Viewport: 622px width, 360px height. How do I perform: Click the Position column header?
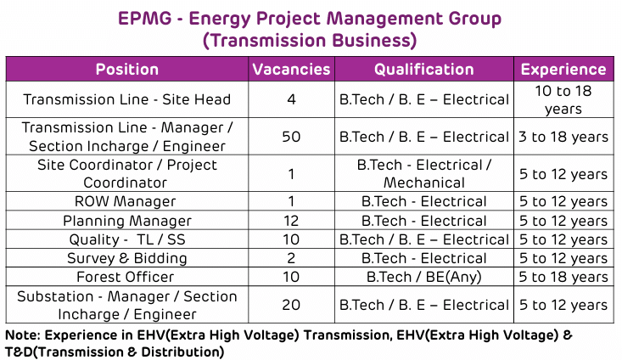coord(127,70)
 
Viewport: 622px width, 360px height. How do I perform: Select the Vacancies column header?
coord(291,70)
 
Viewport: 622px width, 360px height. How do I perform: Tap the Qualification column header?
coord(424,70)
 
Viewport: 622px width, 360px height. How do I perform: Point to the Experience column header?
coord(563,70)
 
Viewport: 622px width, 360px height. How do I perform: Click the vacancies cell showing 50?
coord(291,137)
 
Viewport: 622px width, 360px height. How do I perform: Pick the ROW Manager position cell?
coord(125,201)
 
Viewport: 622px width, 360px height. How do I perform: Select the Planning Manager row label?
coord(127,221)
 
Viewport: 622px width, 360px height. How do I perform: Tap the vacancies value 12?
coord(291,220)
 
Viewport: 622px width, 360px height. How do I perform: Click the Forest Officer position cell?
coord(125,277)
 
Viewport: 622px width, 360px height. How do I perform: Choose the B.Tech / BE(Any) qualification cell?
coord(423,277)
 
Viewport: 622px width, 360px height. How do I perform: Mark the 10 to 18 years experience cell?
coord(563,99)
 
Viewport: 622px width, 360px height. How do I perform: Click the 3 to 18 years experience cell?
coord(563,137)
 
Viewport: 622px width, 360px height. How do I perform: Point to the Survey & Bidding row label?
coord(127,258)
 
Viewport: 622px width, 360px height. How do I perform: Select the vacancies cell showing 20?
coord(291,305)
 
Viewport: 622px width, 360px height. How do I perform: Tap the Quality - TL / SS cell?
coord(127,239)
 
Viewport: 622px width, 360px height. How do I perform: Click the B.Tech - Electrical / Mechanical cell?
coord(424,173)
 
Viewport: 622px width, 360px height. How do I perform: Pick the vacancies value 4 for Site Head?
coord(291,99)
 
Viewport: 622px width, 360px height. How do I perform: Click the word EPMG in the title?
coord(145,19)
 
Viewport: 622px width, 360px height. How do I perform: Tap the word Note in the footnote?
coord(23,335)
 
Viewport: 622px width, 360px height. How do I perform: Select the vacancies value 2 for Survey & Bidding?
coord(291,258)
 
